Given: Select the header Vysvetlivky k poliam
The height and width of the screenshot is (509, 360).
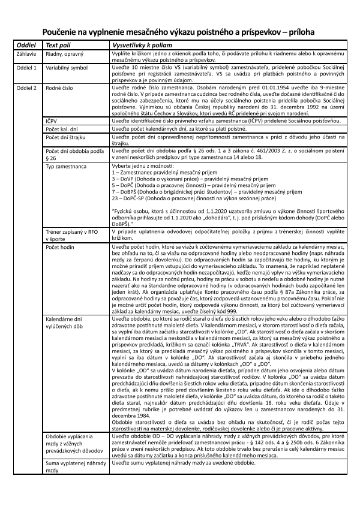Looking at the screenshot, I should pyautogui.click(x=140, y=46).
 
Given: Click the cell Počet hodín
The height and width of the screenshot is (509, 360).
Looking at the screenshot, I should pyautogui.click(x=60, y=246).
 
